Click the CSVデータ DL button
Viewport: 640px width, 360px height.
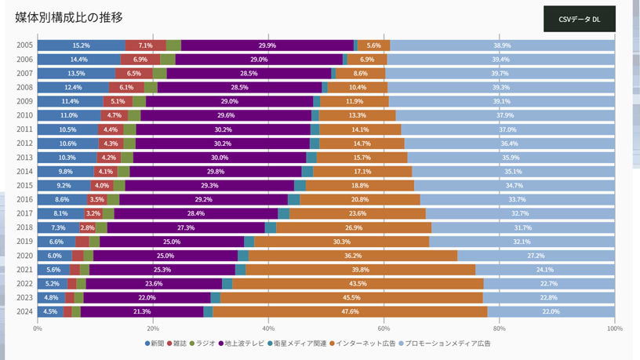click(x=579, y=19)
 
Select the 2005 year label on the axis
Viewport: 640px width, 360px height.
click(x=24, y=45)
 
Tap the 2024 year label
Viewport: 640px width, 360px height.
click(x=24, y=311)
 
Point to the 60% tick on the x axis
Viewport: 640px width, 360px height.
click(x=384, y=329)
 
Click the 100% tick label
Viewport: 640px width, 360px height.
click(x=614, y=329)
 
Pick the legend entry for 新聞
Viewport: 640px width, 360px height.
click(x=155, y=344)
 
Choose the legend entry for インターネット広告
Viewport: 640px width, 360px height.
click(x=362, y=344)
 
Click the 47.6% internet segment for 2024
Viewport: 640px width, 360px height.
click(x=350, y=311)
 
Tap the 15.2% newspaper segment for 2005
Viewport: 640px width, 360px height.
click(x=81, y=45)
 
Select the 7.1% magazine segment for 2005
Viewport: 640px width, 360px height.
click(x=145, y=45)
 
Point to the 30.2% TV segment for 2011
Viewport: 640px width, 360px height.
click(x=223, y=129)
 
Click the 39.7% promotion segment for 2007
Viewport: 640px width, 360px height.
click(x=500, y=74)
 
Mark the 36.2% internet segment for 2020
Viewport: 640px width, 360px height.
click(x=352, y=256)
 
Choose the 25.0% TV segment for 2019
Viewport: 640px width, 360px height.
click(x=171, y=242)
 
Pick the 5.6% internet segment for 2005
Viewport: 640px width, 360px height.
click(x=373, y=45)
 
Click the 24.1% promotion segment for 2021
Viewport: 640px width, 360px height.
click(x=544, y=270)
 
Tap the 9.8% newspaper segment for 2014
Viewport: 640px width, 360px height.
click(x=65, y=172)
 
